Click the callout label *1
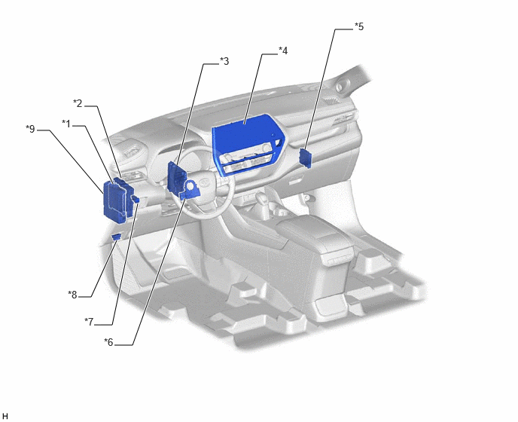[x=66, y=124]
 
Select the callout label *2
[x=78, y=104]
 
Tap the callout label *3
[x=224, y=61]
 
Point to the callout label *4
[x=283, y=51]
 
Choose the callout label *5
[x=359, y=26]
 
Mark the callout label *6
[x=108, y=342]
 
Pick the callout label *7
[x=89, y=322]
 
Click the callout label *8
[x=73, y=295]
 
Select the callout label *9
[x=30, y=129]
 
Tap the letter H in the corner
[x=5, y=417]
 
